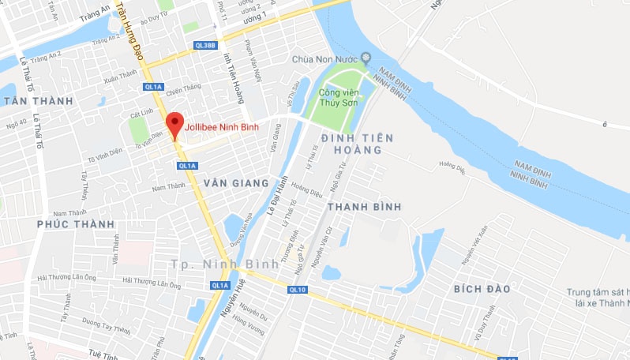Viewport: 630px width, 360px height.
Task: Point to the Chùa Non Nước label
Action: click(x=324, y=58)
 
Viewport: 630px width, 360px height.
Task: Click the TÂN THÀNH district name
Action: click(x=37, y=101)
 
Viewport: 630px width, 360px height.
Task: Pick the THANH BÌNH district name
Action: click(x=364, y=206)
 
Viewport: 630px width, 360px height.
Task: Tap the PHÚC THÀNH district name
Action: click(x=76, y=224)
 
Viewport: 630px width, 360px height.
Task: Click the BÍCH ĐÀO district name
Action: click(x=482, y=289)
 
